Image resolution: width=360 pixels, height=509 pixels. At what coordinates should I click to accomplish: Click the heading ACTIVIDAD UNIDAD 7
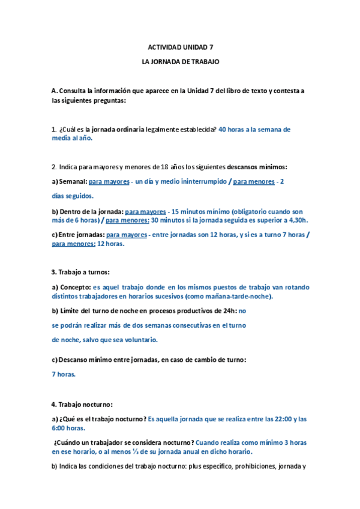click(x=180, y=47)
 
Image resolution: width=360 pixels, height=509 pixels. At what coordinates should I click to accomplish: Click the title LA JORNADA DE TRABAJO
click(x=180, y=62)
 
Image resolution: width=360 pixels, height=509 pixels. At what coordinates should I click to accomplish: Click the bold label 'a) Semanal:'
click(x=70, y=181)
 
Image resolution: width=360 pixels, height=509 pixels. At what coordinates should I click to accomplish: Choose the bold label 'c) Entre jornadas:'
click(x=79, y=235)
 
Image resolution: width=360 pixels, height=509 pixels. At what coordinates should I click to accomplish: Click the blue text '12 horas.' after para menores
click(x=111, y=244)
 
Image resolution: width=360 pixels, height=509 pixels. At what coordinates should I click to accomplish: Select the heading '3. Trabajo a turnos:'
click(x=80, y=272)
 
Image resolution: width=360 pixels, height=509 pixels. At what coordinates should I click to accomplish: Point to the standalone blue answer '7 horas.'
click(x=64, y=374)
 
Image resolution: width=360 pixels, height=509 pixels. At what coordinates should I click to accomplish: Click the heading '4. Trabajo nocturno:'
click(x=82, y=404)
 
